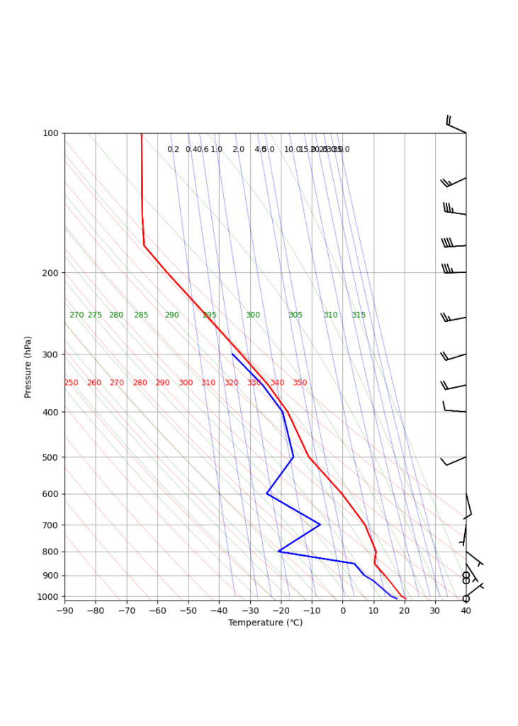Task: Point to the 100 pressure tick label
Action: pos(51,133)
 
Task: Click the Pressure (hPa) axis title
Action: pos(28,367)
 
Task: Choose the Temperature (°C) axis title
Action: pos(265,622)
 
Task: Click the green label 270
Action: pos(77,315)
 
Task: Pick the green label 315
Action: pos(359,315)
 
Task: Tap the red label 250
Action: pos(71,383)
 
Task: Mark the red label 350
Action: pos(300,383)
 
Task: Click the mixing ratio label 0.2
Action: pos(173,150)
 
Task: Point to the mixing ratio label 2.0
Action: pos(238,150)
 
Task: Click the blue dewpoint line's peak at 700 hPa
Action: pos(320,525)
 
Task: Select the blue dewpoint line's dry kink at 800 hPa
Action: pos(279,551)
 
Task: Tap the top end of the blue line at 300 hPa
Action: pos(232,354)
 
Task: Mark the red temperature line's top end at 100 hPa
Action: pos(142,133)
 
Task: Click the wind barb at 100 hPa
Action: pos(456,126)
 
